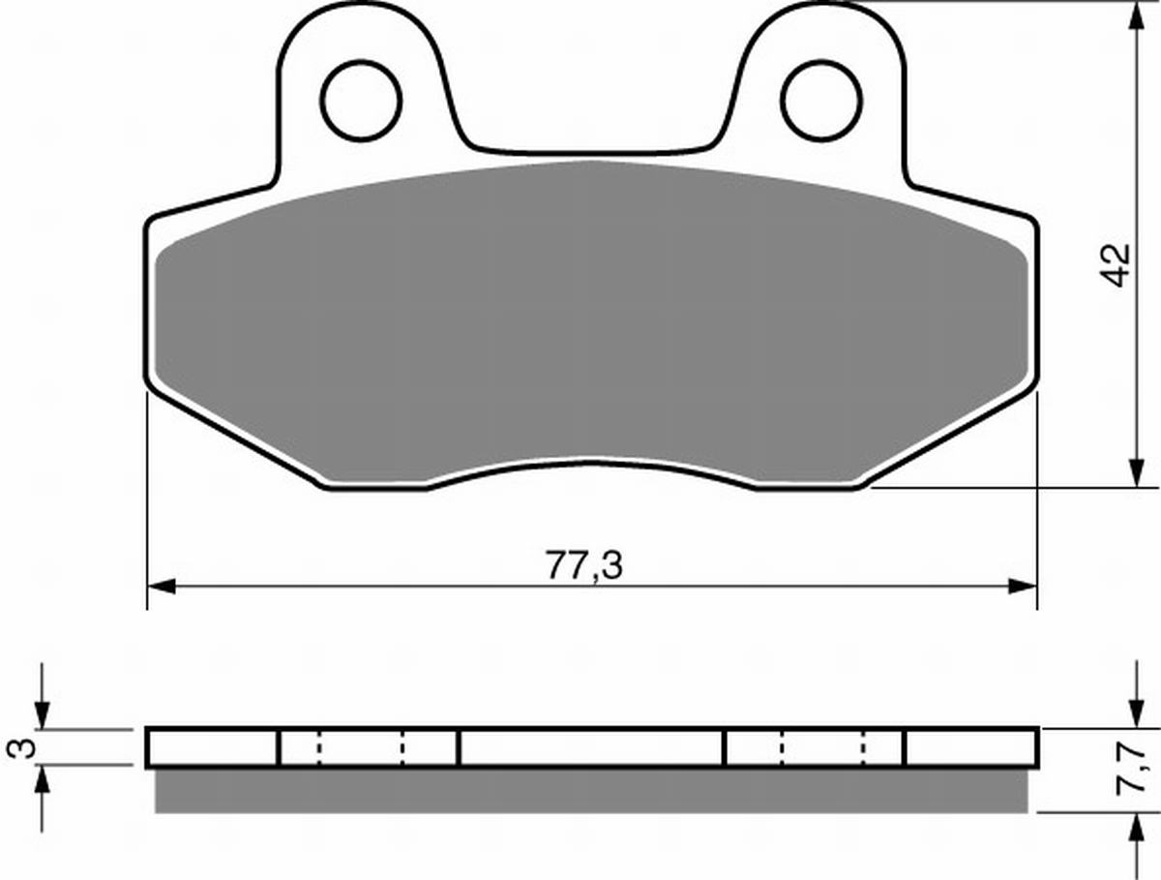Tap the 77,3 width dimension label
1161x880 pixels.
584,565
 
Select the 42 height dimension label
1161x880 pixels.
1118,266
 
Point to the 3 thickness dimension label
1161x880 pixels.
21,747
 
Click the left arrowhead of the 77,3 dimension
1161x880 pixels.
162,587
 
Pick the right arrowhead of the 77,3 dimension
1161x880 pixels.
1023,587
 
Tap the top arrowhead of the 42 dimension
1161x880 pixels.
1137,15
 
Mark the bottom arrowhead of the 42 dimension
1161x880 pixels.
1137,472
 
